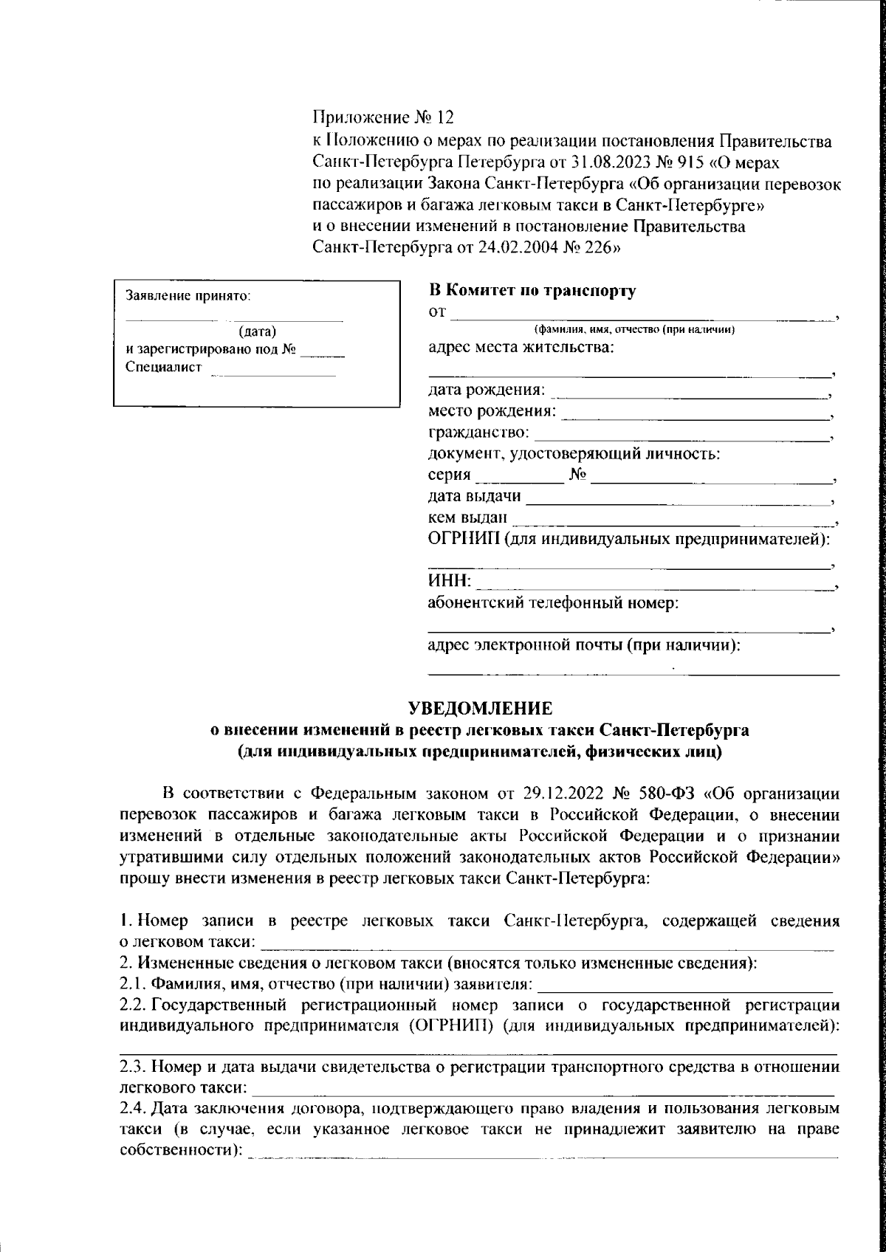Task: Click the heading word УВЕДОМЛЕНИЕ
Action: [481, 709]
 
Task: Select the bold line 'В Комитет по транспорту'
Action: [532, 291]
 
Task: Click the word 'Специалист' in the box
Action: [164, 368]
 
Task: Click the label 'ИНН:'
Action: [450, 582]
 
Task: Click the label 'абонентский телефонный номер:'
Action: [554, 603]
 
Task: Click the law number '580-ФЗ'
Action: [669, 794]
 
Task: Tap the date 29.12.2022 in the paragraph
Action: [563, 794]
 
